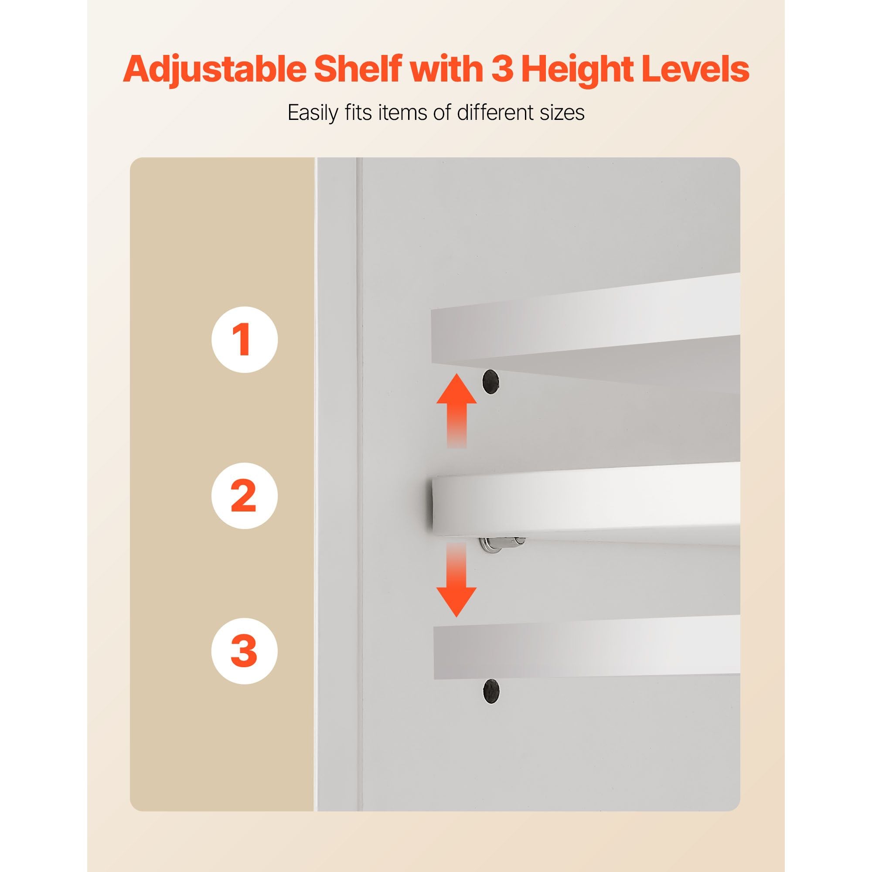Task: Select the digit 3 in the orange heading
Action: [x=502, y=69]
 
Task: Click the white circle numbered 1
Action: [x=245, y=339]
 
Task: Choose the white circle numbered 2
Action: [x=245, y=496]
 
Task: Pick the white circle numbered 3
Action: [x=245, y=651]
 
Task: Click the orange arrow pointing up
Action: [x=457, y=410]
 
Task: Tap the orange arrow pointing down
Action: [x=457, y=580]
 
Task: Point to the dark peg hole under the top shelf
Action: [x=491, y=381]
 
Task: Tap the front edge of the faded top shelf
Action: [x=586, y=335]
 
